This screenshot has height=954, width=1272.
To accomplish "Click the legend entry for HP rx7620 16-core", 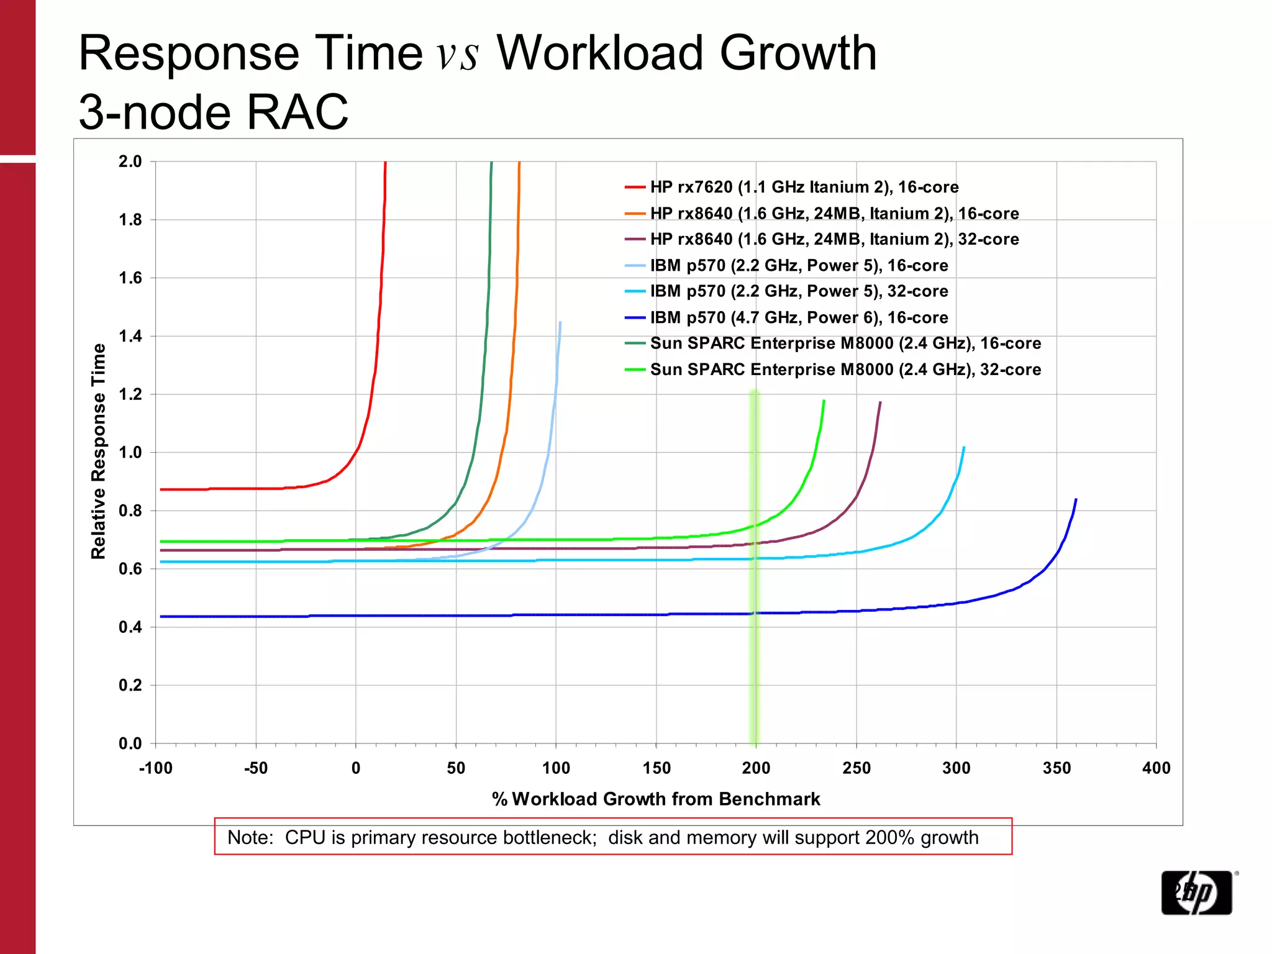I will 804,187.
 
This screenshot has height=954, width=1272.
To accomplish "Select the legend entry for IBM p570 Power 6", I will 799,317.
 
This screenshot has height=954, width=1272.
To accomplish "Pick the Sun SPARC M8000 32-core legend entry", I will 845,370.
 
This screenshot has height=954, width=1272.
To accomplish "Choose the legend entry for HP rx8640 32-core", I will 834,239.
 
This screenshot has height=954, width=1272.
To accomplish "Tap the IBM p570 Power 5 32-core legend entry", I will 799,291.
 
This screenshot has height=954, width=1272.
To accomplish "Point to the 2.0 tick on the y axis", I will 130,161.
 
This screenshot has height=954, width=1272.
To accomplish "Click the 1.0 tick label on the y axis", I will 130,452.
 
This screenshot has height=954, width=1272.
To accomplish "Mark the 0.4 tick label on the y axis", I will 130,627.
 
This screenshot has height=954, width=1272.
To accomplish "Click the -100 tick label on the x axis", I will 155,768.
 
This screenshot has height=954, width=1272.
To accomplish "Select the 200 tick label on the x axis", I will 756,768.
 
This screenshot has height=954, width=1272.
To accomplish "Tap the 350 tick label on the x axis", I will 1056,768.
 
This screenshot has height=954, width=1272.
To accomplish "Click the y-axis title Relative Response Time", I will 99,452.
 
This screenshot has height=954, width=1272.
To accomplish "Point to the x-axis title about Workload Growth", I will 656,799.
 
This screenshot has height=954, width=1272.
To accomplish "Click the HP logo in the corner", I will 1196,893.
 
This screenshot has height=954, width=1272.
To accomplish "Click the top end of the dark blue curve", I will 1076,499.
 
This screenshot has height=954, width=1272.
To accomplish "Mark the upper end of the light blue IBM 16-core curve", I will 560,322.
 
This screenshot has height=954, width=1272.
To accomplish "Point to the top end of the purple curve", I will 881,402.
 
